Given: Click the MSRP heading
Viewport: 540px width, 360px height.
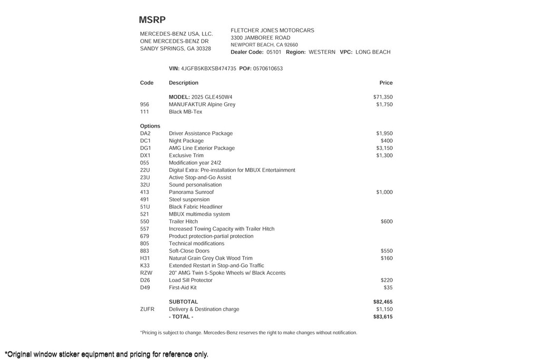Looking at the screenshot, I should click(x=152, y=20).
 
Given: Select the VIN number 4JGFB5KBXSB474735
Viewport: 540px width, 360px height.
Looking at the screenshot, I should click(x=208, y=69).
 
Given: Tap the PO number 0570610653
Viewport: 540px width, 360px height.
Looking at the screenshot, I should click(x=268, y=69).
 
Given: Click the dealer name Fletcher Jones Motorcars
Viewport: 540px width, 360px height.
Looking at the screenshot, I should click(x=272, y=31).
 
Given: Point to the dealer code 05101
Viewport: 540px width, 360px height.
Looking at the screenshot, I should click(x=274, y=52).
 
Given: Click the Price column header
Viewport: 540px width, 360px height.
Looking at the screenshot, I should click(x=386, y=83).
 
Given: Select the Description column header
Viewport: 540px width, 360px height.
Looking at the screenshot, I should click(x=184, y=83).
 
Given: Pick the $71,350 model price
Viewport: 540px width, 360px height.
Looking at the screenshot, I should click(x=383, y=97).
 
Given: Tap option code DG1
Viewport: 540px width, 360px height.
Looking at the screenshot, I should click(x=146, y=148).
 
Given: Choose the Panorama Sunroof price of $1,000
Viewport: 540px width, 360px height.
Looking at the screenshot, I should click(x=384, y=192).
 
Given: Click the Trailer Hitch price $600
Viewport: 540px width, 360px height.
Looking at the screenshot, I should click(x=387, y=222).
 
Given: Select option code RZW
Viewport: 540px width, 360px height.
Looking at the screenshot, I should click(x=146, y=273).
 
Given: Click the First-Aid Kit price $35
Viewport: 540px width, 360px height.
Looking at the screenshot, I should click(x=388, y=288).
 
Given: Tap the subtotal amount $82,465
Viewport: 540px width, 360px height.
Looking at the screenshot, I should click(x=383, y=302).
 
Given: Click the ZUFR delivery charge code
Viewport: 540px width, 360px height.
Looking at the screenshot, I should click(x=147, y=309).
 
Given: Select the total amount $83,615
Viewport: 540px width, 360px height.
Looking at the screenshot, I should click(x=383, y=317).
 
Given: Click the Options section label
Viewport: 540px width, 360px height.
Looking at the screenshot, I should click(x=150, y=126).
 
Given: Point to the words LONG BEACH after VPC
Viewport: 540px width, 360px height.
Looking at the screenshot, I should click(x=373, y=52).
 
